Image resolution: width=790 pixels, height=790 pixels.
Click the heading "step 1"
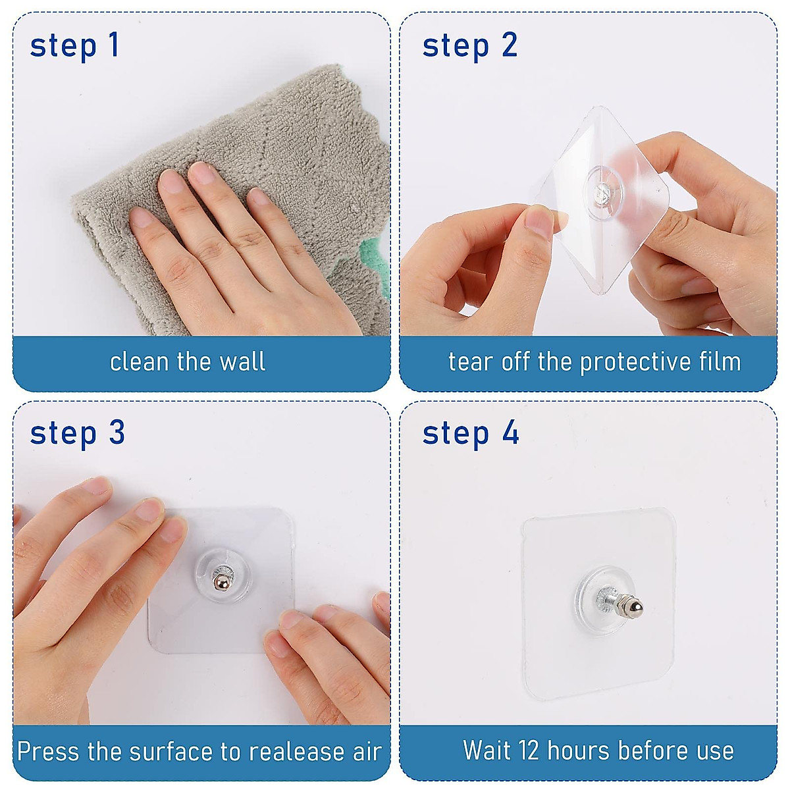point(74,45)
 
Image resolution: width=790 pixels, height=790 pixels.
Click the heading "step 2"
point(469,45)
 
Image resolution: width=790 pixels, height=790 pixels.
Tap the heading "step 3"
point(77,433)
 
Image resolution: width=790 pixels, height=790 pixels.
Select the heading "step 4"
point(471,433)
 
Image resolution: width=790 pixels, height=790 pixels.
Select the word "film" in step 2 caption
point(722,361)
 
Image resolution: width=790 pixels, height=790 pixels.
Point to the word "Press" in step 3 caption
point(49,751)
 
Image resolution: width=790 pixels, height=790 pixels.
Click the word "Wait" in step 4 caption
point(486,750)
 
